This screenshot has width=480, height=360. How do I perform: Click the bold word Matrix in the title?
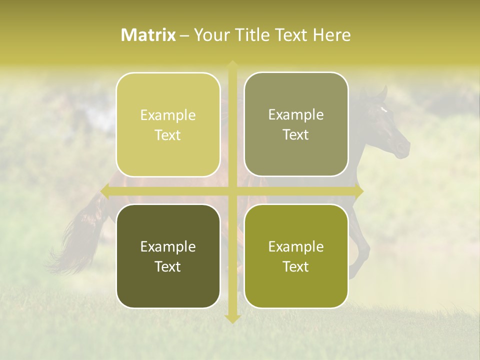coord(148,35)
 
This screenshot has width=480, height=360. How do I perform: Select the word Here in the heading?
coord(332,35)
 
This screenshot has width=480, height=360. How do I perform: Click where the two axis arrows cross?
coord(232,190)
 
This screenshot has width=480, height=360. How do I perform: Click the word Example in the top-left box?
coord(168,115)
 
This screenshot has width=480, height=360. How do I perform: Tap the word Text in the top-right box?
coord(296,135)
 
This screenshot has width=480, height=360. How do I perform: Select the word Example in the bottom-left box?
coord(168,247)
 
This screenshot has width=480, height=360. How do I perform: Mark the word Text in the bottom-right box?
coord(296,266)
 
